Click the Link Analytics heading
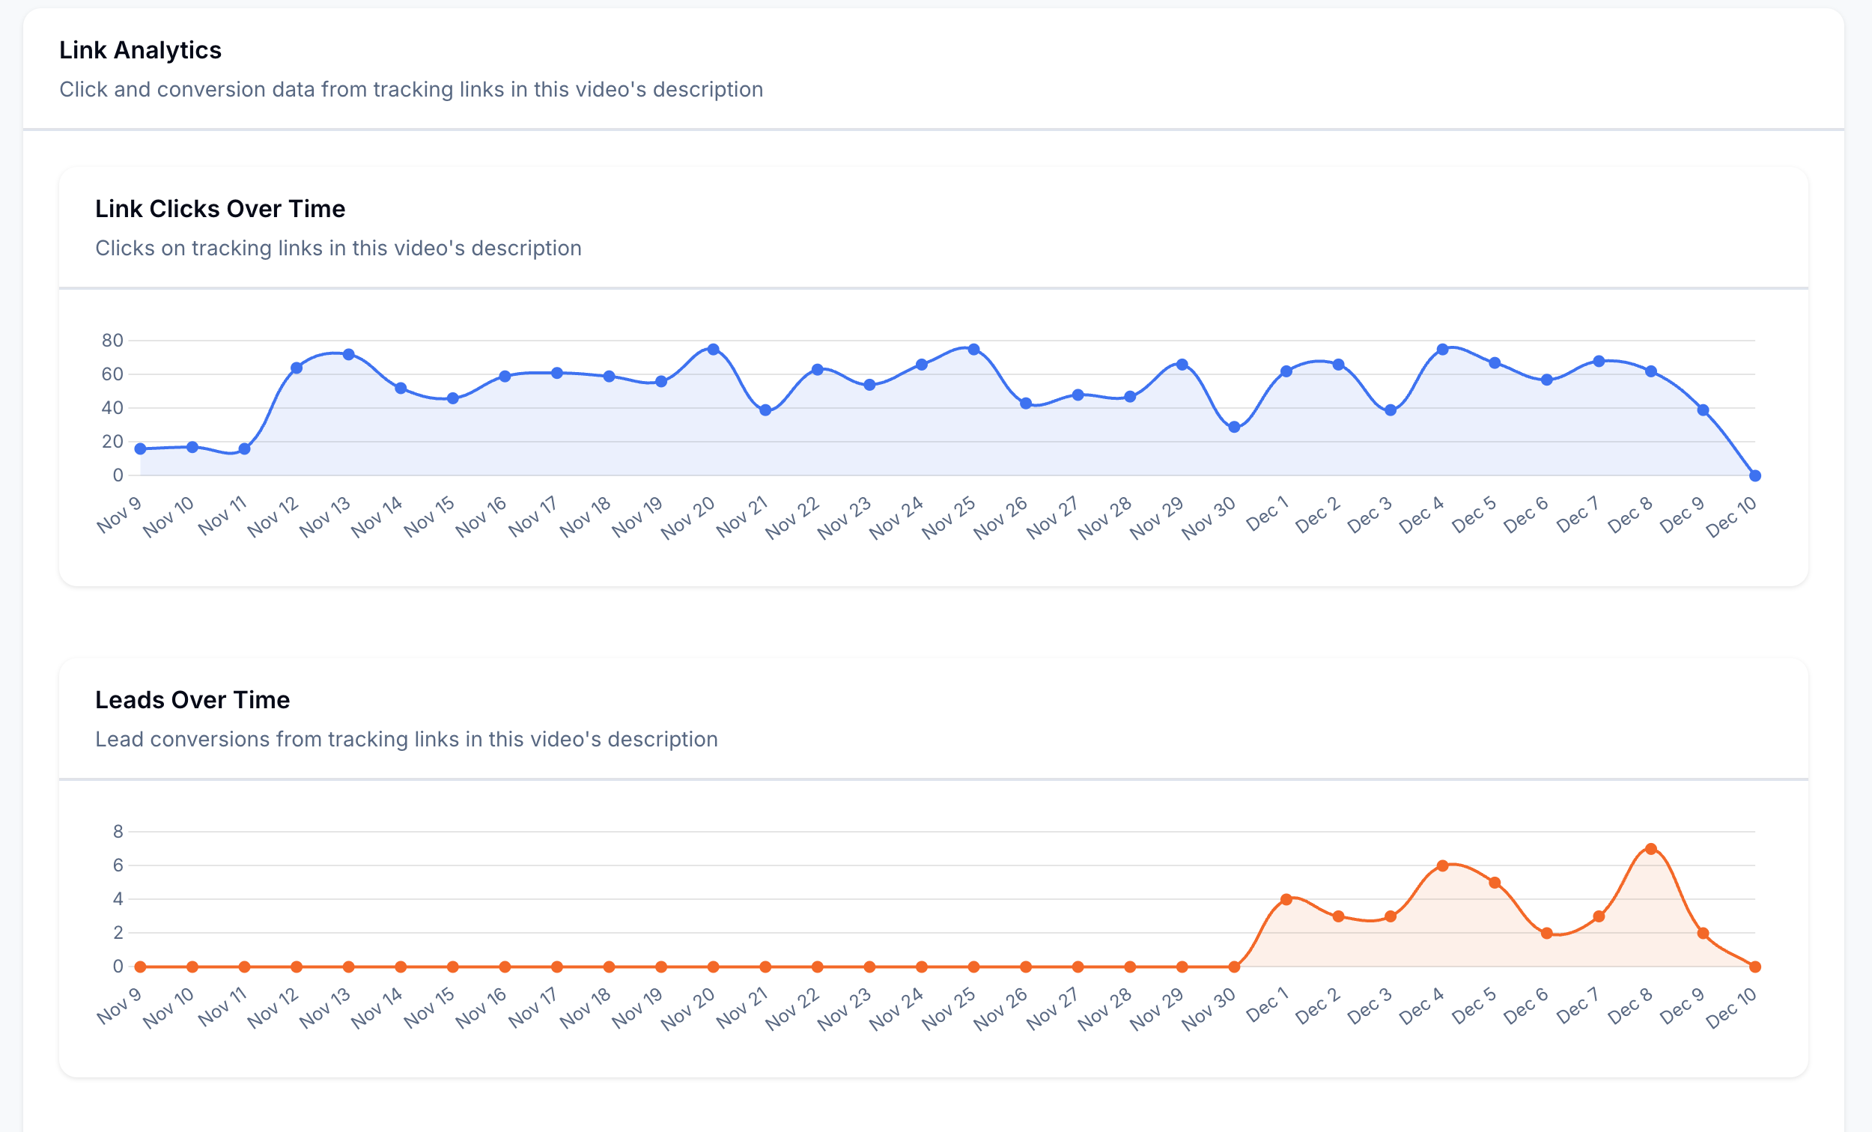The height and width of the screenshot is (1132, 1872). click(140, 50)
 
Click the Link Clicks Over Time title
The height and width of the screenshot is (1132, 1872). click(219, 209)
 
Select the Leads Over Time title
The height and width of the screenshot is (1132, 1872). click(192, 700)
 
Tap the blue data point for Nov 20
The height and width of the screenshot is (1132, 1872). click(713, 350)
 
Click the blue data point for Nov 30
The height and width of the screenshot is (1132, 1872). click(1234, 427)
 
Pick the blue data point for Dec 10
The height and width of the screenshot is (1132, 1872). click(1754, 475)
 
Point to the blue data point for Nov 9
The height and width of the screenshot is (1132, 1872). click(141, 449)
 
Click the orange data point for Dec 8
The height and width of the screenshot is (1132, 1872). click(1650, 848)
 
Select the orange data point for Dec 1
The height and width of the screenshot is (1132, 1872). click(1286, 899)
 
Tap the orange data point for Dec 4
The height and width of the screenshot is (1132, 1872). click(1442, 866)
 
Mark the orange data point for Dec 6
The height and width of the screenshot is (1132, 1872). click(1546, 933)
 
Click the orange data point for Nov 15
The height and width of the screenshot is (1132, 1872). click(453, 967)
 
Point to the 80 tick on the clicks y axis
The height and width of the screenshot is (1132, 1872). click(112, 341)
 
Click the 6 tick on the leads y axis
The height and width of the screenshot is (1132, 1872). click(118, 865)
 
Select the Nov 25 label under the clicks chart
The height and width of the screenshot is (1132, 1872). click(949, 518)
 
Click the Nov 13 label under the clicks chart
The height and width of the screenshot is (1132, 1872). click(324, 518)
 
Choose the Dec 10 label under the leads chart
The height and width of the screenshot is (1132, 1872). click(1730, 1008)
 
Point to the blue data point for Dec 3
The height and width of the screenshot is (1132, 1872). click(1391, 410)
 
